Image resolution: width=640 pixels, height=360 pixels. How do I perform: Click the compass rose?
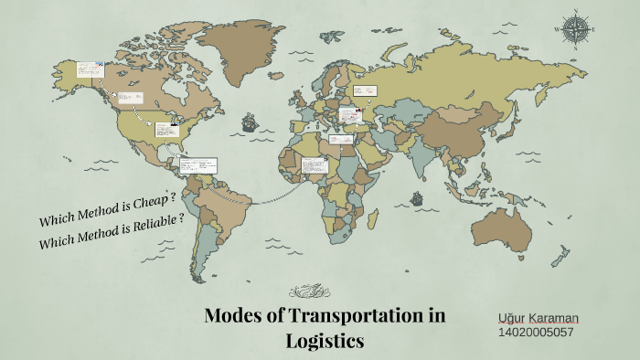[x=576, y=28]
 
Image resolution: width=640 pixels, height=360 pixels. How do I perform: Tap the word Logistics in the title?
[x=324, y=341]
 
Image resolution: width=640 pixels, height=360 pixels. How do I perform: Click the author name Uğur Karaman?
[x=538, y=317]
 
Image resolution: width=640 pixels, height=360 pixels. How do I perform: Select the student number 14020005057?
[x=536, y=332]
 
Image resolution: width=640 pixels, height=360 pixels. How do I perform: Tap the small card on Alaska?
[x=90, y=70]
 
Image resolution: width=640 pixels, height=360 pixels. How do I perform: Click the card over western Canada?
[x=131, y=98]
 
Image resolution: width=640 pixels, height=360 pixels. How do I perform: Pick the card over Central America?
[x=198, y=166]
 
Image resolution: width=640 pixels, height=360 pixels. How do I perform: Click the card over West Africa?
[x=314, y=167]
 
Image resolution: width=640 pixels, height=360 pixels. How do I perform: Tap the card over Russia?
[x=365, y=91]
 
